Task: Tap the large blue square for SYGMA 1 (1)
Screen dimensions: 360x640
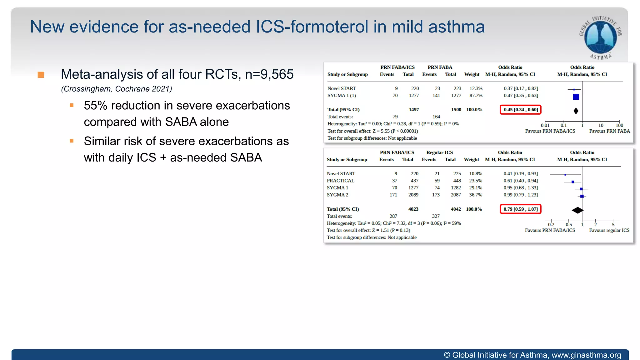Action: (x=576, y=97)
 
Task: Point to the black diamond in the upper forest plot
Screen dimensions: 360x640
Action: (x=576, y=111)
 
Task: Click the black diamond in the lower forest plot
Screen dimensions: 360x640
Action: (x=577, y=210)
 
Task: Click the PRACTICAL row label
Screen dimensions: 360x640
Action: (x=340, y=181)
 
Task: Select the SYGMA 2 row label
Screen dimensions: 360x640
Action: (x=337, y=195)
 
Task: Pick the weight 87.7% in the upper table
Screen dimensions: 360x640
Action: (x=476, y=96)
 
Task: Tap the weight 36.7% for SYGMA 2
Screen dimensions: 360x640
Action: (x=475, y=195)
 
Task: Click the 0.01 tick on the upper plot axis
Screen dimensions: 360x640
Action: (x=545, y=125)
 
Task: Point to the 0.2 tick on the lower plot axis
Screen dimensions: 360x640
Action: (x=551, y=224)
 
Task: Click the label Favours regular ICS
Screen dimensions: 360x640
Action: (x=609, y=230)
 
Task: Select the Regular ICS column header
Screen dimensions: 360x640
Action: (x=439, y=152)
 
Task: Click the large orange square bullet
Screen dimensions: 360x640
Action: (x=41, y=75)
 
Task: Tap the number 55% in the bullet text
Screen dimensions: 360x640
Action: (x=95, y=106)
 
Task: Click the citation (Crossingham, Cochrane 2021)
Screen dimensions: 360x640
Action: (x=117, y=89)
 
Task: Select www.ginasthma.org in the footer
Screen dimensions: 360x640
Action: (x=586, y=355)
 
